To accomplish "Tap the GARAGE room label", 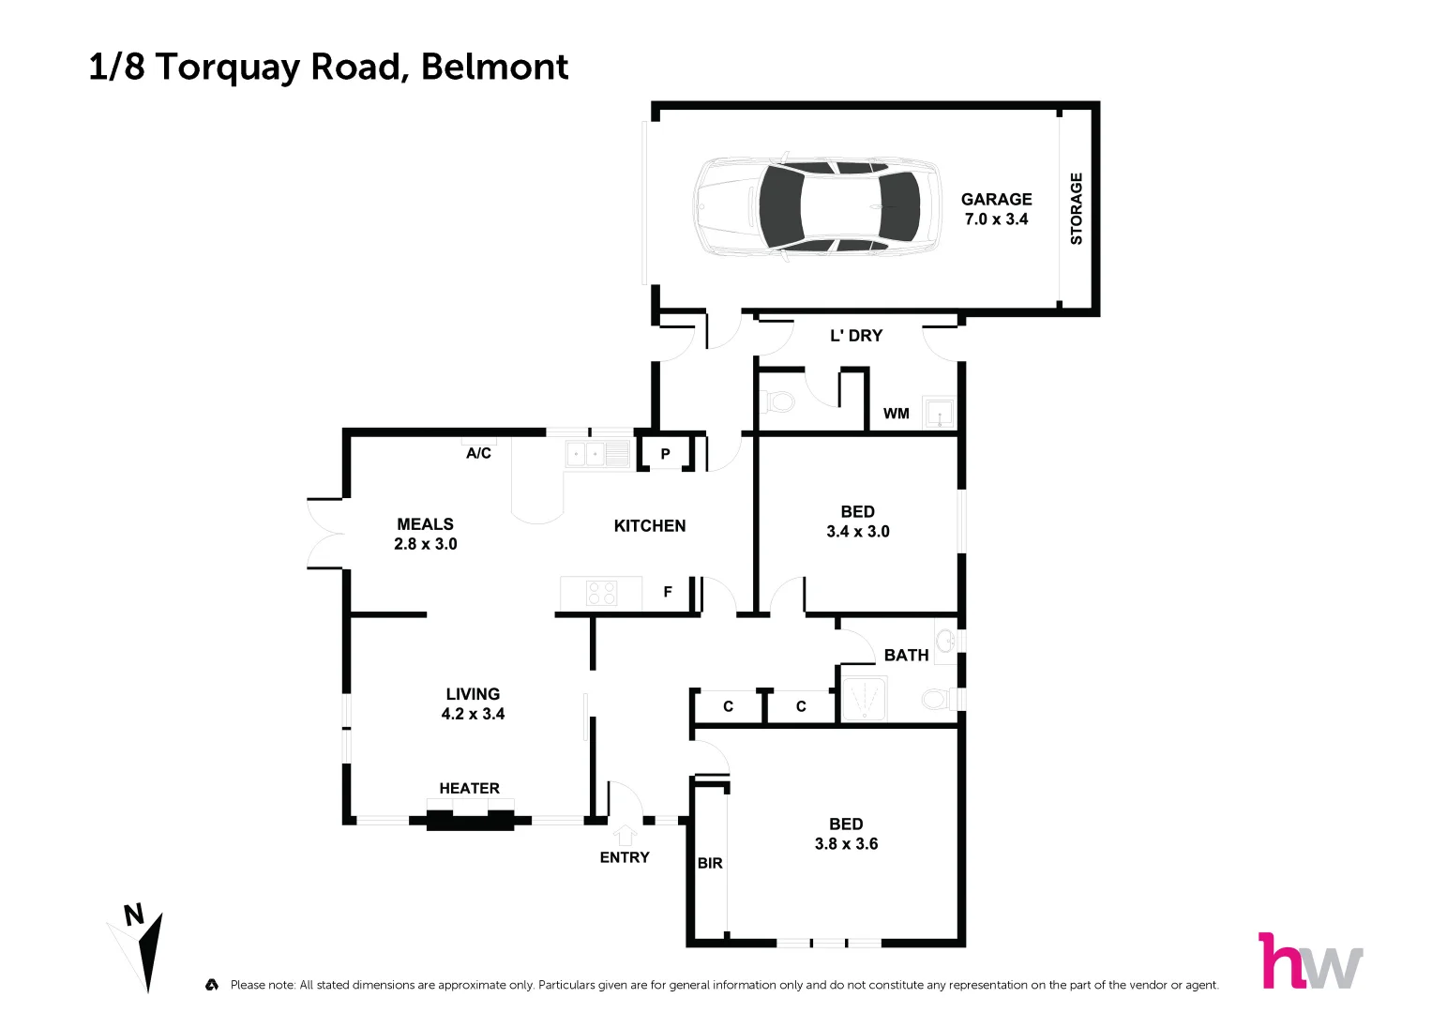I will click(x=996, y=199).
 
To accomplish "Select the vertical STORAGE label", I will click(x=1077, y=208).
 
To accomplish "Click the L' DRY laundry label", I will click(x=855, y=336).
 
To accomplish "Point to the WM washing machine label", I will click(x=896, y=414).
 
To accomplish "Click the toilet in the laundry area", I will click(x=779, y=402).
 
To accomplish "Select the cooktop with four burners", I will click(x=601, y=593).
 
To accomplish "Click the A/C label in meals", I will click(x=478, y=453).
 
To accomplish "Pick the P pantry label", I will click(x=665, y=454).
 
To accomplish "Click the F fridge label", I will click(x=668, y=592).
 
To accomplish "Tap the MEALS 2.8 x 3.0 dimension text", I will click(x=426, y=544).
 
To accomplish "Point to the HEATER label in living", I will click(x=469, y=788).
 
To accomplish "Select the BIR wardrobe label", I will click(x=710, y=863).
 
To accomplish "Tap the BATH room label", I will click(x=906, y=655).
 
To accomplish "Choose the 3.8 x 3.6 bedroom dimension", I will click(x=846, y=844).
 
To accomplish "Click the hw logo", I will click(x=1309, y=960).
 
